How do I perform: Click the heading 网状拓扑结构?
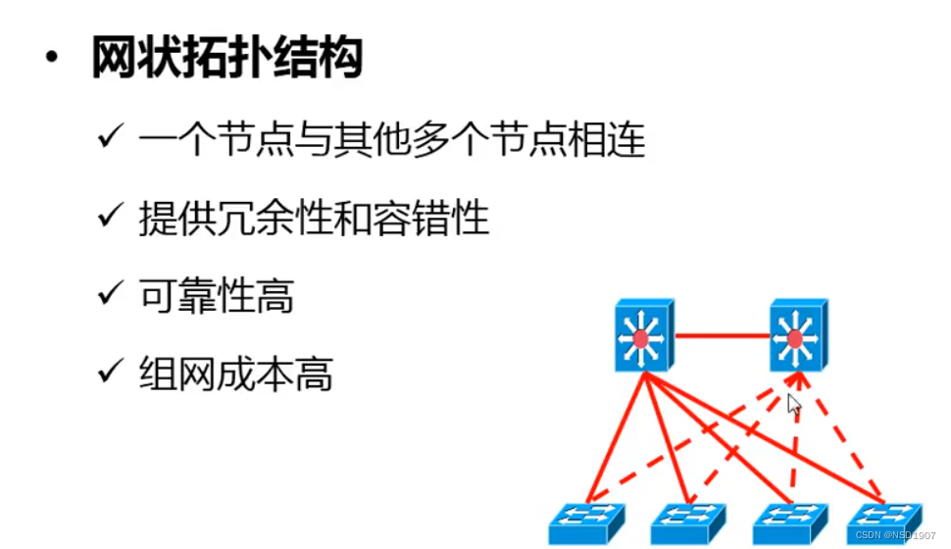[226, 58]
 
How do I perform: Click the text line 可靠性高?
[216, 296]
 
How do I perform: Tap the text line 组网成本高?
[235, 374]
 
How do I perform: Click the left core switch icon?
[643, 335]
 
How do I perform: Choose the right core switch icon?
[796, 335]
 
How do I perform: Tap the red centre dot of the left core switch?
[640, 339]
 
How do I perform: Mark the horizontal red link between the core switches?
[720, 336]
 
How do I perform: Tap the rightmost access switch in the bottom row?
[884, 520]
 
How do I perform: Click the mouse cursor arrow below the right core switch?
[793, 403]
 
